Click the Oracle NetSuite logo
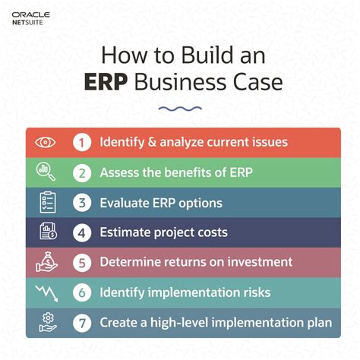click(31, 18)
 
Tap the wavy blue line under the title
click(180, 109)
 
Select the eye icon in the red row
click(46, 142)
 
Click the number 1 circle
click(81, 142)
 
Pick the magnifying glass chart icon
click(46, 172)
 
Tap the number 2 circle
click(81, 172)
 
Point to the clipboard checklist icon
click(46, 202)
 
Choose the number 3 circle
click(81, 202)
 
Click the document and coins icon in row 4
click(46, 232)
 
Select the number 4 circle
click(81, 232)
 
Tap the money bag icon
click(46, 262)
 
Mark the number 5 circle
click(81, 262)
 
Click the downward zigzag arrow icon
click(46, 292)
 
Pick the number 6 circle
click(81, 292)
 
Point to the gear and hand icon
click(46, 322)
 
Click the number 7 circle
click(81, 322)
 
